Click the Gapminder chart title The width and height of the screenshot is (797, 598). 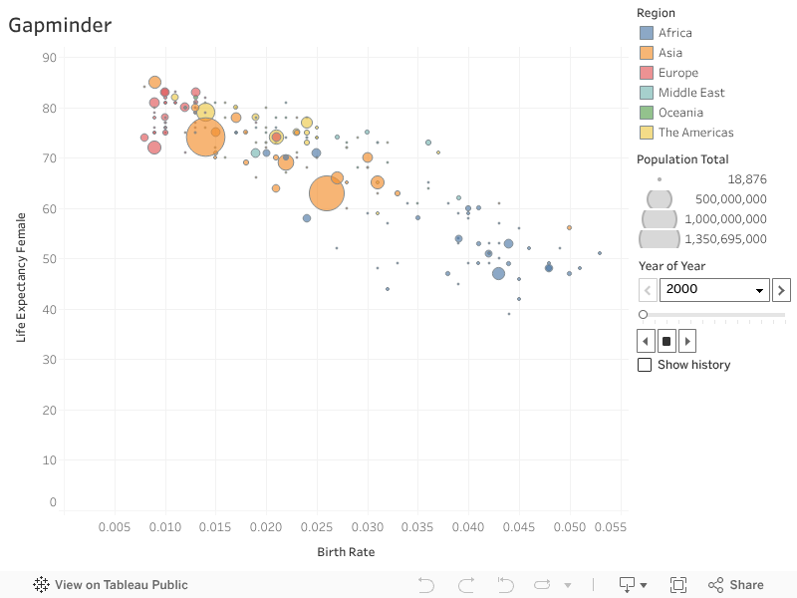coord(60,26)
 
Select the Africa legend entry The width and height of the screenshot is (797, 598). coord(674,33)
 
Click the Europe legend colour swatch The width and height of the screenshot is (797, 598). coord(647,73)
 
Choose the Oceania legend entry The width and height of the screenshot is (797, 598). coord(680,113)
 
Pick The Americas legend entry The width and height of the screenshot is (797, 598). coord(695,133)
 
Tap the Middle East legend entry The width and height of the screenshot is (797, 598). coord(691,93)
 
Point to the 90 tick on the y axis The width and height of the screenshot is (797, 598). coord(49,58)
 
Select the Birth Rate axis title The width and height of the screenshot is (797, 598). coord(346,552)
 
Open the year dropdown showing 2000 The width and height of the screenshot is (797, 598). coord(715,290)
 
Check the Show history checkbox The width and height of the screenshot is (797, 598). coord(645,365)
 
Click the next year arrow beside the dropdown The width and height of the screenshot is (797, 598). coord(782,290)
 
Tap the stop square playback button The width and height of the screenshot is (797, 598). coord(666,341)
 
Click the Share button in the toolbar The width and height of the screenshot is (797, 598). coord(736,585)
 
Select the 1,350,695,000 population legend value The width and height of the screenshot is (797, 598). coord(725,239)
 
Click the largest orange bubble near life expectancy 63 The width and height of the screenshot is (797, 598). coord(326,193)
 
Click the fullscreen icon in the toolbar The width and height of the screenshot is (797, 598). coord(678,585)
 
